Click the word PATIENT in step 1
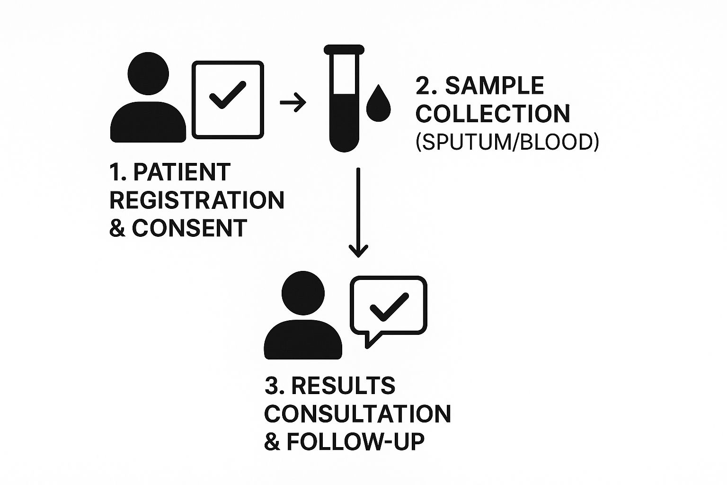click(x=182, y=172)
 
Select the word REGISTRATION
click(x=197, y=200)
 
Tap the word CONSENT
click(x=189, y=228)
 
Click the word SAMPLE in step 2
click(x=494, y=86)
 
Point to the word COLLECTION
click(x=493, y=114)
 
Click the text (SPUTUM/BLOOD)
click(x=507, y=142)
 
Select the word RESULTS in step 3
click(x=343, y=386)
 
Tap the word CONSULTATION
click(x=357, y=414)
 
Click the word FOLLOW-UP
click(x=355, y=442)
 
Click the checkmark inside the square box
click(x=227, y=96)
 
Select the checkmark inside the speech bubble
click(x=389, y=307)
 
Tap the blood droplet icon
click(x=379, y=103)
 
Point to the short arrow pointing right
click(x=293, y=102)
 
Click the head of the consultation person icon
click(x=303, y=293)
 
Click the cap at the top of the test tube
click(x=344, y=49)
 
